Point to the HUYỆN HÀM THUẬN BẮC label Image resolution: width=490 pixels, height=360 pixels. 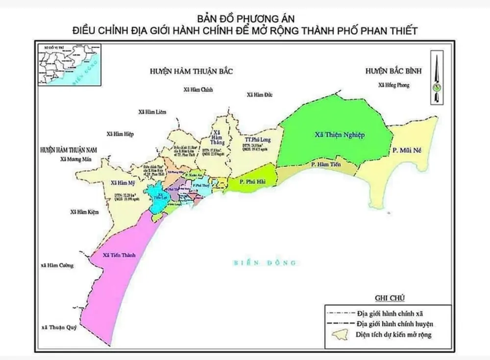tap(190, 72)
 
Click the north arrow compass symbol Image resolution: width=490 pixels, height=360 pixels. tap(435, 78)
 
